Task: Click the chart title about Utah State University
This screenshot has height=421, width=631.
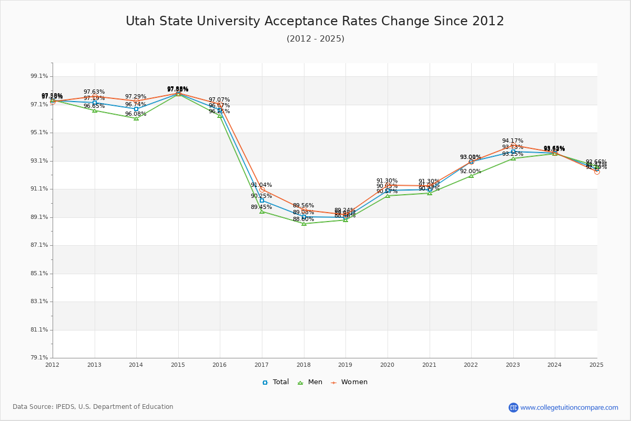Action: [x=315, y=21]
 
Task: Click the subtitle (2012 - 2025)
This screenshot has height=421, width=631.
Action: [x=315, y=38]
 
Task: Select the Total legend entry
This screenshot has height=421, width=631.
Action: [x=276, y=382]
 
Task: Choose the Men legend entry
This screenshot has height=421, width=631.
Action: [x=311, y=382]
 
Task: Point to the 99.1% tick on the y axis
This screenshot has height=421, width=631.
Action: [x=40, y=76]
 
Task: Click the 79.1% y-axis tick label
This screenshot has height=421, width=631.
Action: [x=40, y=358]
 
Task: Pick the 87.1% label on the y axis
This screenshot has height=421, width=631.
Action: [x=40, y=245]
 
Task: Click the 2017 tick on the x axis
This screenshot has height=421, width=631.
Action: [x=261, y=364]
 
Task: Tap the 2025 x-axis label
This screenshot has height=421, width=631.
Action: [x=596, y=364]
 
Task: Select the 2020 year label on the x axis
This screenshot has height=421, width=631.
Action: [x=387, y=364]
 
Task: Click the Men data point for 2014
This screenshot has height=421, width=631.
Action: [x=136, y=118]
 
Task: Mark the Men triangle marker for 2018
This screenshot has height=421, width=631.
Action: [x=304, y=224]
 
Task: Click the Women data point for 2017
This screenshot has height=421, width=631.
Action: [x=262, y=189]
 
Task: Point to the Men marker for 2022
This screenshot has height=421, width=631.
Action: [x=471, y=176]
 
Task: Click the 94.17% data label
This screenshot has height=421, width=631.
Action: [x=513, y=141]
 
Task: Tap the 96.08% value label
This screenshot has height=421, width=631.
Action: [x=136, y=114]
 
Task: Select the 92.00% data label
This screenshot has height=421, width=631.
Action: [x=471, y=172]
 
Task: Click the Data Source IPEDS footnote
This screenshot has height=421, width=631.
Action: [x=93, y=407]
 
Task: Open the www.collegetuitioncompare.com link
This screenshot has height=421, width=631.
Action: [x=569, y=407]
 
